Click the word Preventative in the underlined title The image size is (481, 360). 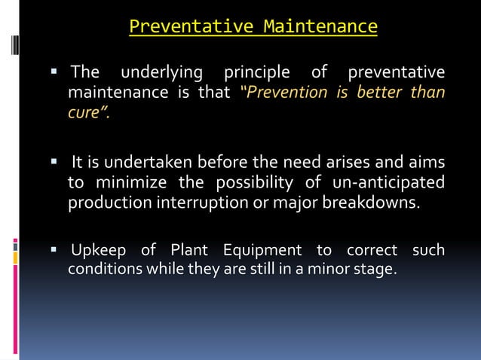191,27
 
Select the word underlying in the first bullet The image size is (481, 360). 162,73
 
